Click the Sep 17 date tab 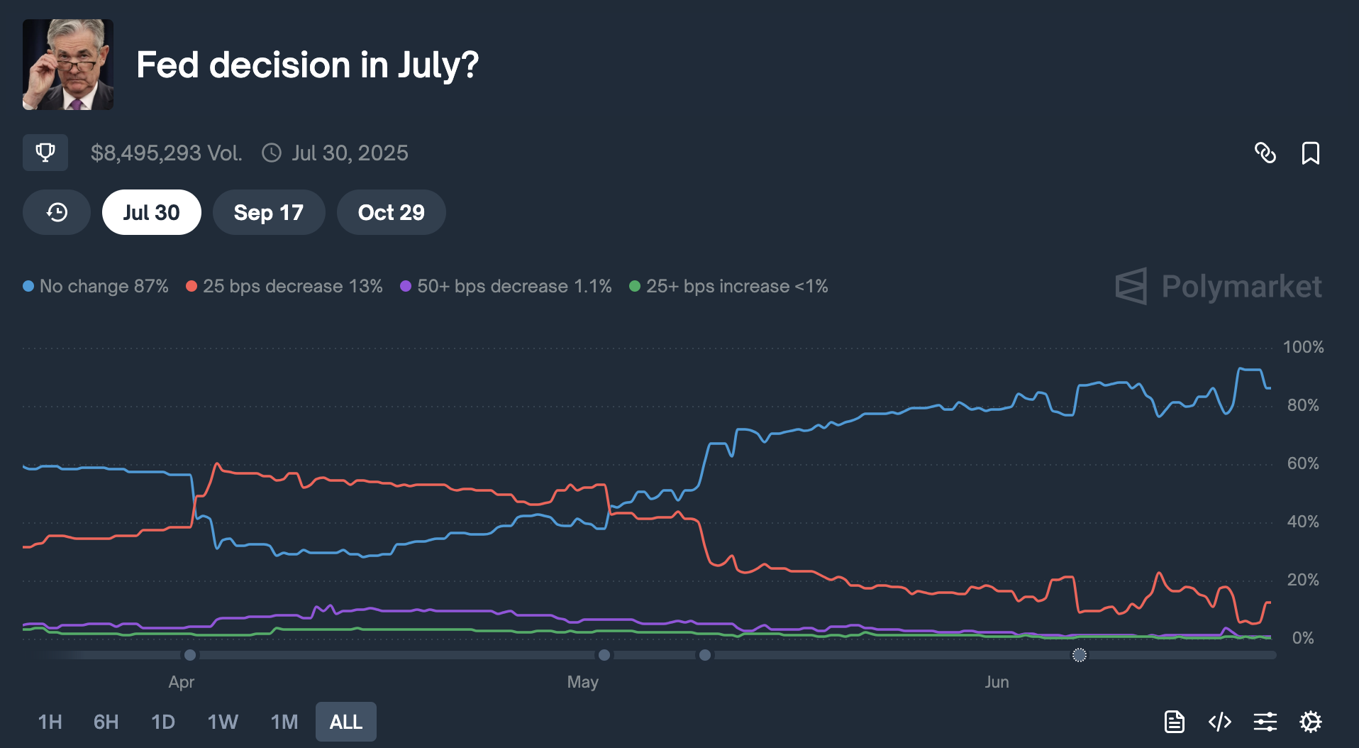[x=268, y=212]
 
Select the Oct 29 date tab [x=391, y=212]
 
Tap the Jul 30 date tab [x=151, y=212]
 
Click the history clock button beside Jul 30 [x=57, y=212]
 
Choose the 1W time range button [x=223, y=722]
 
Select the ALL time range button [x=345, y=722]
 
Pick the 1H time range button [x=50, y=722]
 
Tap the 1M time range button [x=284, y=722]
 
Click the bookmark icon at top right [x=1310, y=153]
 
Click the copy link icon [x=1265, y=153]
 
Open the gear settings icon [x=1310, y=722]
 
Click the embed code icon [x=1219, y=722]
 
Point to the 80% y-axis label [x=1303, y=405]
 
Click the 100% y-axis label [x=1303, y=347]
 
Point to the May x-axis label [x=582, y=682]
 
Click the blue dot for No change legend [x=28, y=286]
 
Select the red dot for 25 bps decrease [x=192, y=286]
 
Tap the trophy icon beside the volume [x=45, y=153]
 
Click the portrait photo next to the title [x=68, y=65]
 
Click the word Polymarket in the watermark [x=1241, y=287]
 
